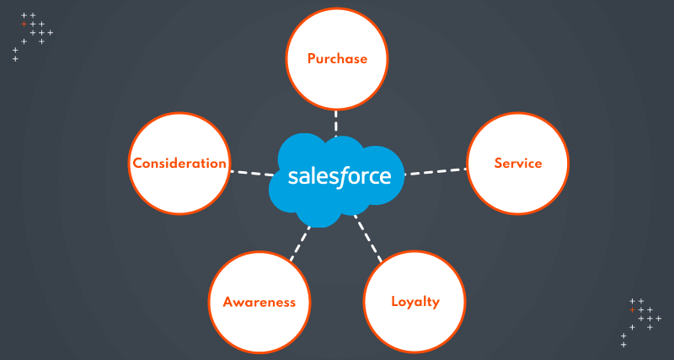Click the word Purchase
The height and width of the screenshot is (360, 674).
337,59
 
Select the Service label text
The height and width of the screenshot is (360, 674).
517,163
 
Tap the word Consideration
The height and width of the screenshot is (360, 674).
179,163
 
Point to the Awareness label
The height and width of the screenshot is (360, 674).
259,301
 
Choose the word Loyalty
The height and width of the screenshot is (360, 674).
415,301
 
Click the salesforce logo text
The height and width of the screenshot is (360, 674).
339,176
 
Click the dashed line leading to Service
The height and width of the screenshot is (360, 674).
436,171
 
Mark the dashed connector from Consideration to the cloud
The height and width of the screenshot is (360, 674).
250,172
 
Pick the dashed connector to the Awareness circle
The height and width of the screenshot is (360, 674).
298,244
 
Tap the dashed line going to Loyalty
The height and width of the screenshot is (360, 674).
368,240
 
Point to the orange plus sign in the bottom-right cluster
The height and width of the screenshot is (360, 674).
632,309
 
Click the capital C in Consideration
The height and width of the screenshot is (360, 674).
136,163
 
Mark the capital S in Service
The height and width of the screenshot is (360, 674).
498,163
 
